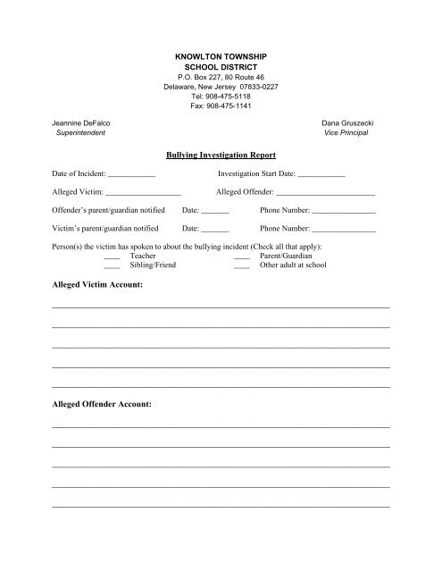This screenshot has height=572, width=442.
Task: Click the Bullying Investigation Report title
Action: (221, 155)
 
